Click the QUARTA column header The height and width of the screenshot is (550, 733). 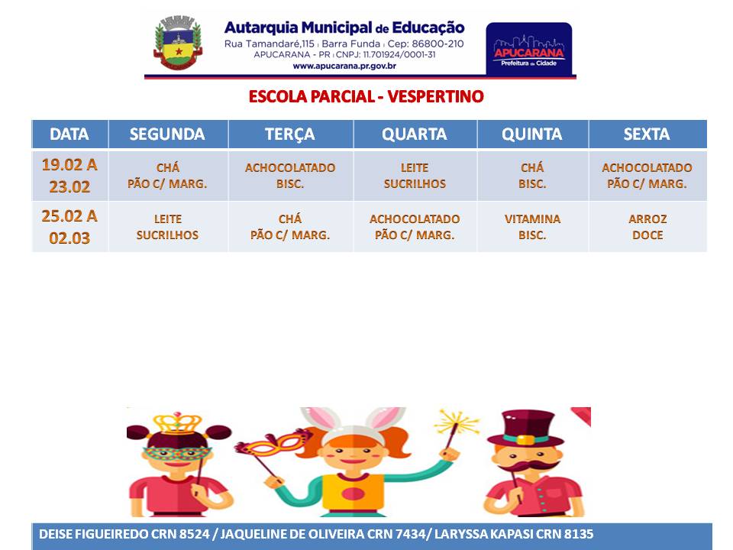click(x=415, y=134)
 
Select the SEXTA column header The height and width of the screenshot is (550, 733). click(x=647, y=134)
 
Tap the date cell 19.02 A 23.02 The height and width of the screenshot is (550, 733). click(x=69, y=176)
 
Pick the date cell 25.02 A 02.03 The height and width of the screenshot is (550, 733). click(x=69, y=227)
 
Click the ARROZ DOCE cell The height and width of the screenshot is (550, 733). click(x=647, y=227)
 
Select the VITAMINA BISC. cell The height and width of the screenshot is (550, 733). click(x=532, y=227)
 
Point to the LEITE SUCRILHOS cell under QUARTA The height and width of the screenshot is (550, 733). click(x=415, y=176)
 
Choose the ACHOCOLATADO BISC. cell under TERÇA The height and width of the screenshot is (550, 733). click(x=290, y=176)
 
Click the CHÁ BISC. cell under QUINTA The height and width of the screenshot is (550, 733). click(x=532, y=176)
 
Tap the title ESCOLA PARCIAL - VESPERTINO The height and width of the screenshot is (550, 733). click(x=366, y=96)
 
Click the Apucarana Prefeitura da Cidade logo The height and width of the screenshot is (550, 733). click(x=528, y=49)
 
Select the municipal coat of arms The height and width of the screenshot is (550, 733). click(x=178, y=43)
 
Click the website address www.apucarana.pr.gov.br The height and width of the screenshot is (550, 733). click(x=344, y=66)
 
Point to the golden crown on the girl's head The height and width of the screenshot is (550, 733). click(x=177, y=423)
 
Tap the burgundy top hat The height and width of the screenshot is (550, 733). click(x=526, y=429)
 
